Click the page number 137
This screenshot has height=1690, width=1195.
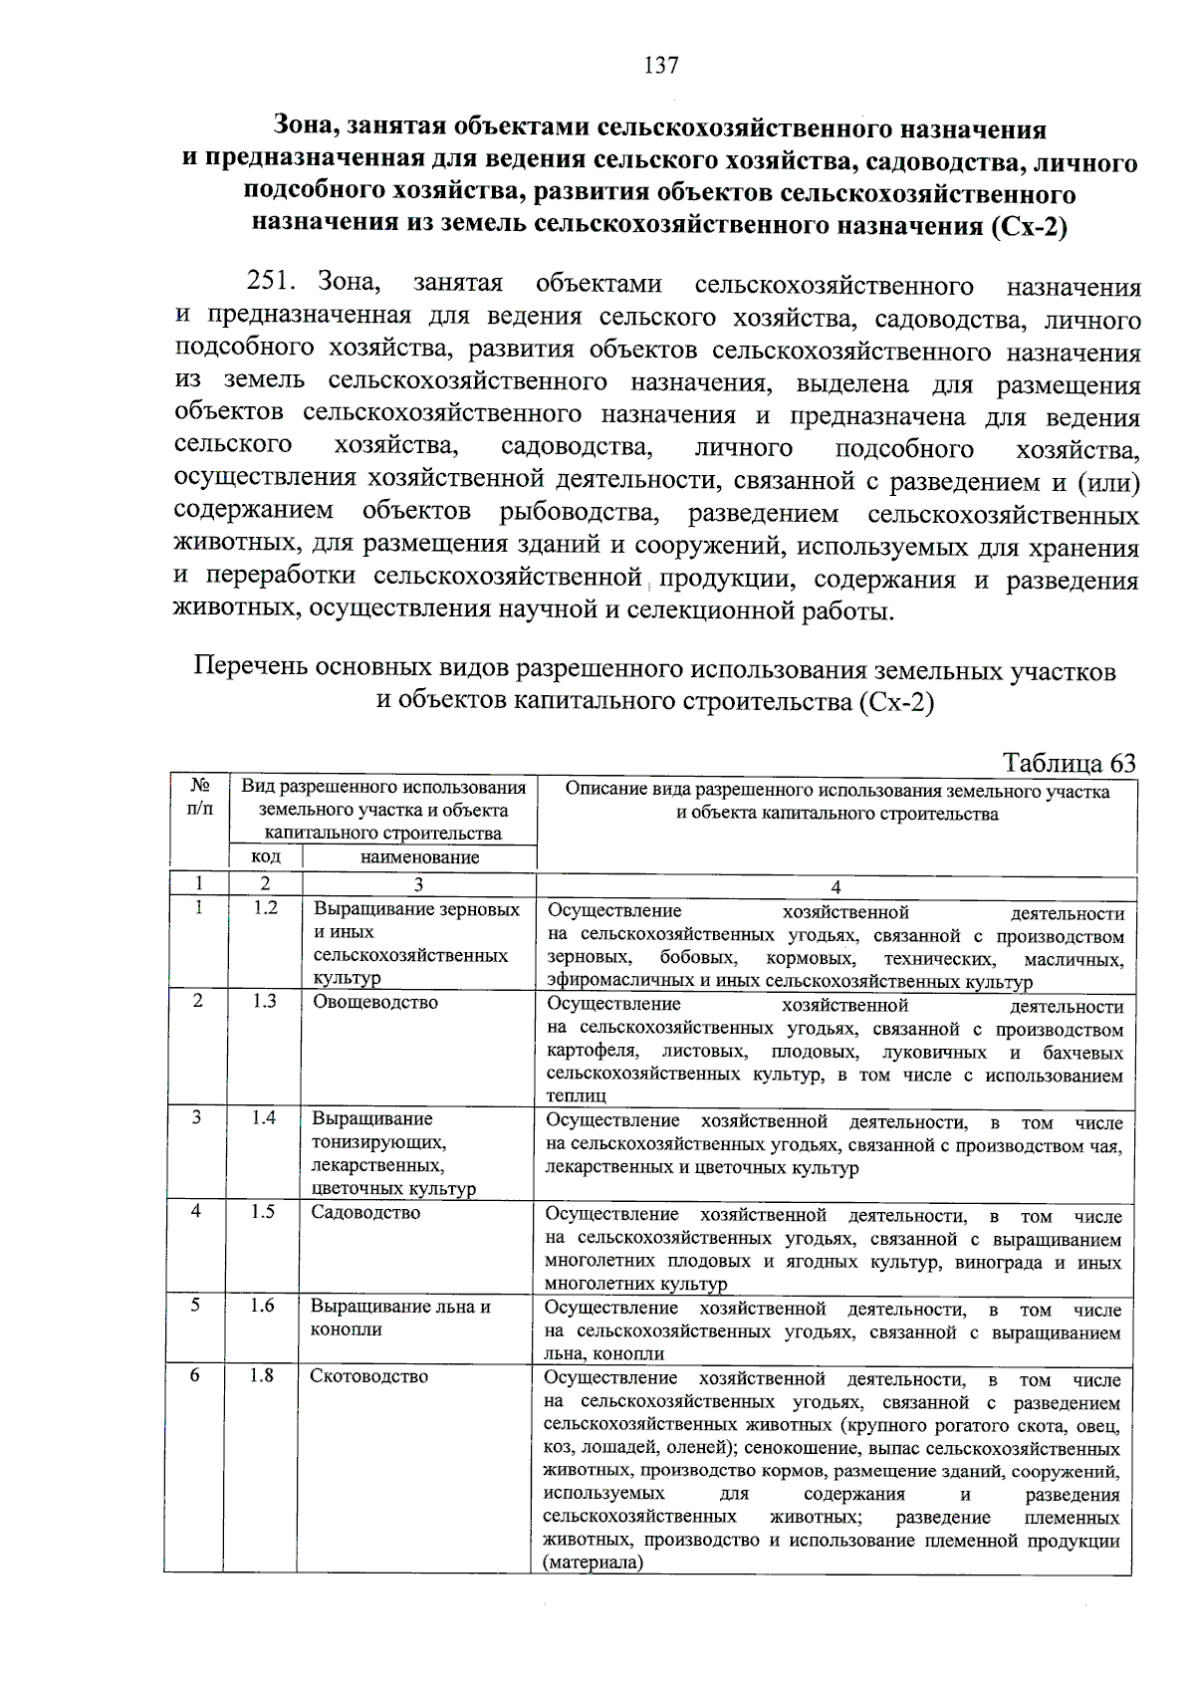(661, 66)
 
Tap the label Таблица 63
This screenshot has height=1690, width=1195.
(1069, 763)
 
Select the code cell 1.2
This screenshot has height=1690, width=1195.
(265, 907)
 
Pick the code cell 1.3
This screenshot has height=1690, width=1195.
(264, 1001)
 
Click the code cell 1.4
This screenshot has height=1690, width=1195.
(263, 1117)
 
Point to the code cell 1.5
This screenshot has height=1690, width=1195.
(262, 1211)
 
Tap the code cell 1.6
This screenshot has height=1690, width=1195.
(262, 1305)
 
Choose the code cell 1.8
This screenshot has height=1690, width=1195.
(262, 1375)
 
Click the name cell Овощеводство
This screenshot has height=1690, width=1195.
(375, 1002)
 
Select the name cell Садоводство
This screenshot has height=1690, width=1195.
(365, 1212)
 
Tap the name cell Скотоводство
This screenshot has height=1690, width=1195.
(369, 1376)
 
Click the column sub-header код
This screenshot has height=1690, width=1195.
(265, 856)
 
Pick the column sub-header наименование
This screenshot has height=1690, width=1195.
(419, 856)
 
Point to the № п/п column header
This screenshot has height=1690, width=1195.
(199, 798)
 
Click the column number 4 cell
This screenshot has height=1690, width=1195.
(836, 886)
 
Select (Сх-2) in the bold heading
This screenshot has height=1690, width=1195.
(1029, 225)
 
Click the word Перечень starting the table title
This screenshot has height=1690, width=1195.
(250, 667)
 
